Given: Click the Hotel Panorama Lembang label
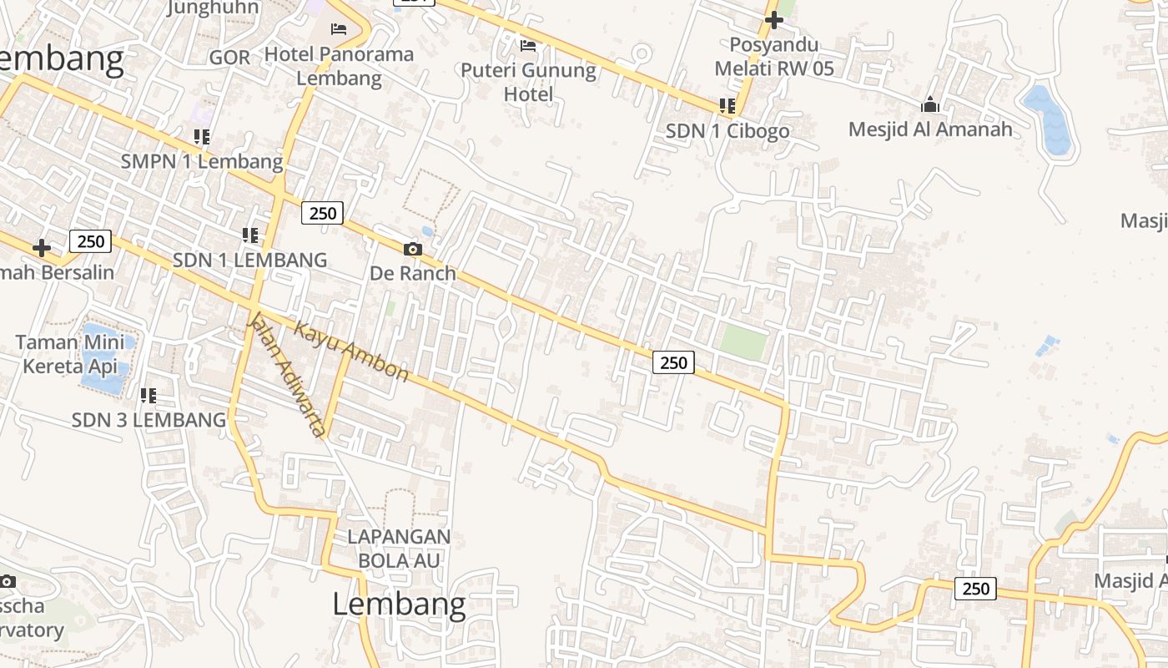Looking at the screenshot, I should point(339,66).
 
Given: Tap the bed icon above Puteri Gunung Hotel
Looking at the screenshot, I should point(527,45).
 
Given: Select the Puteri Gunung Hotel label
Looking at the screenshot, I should point(528,82).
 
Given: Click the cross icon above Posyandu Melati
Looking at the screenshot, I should point(774,19).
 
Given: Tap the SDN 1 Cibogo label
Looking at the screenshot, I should point(727,131).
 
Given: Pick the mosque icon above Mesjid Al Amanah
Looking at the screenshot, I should point(929,104).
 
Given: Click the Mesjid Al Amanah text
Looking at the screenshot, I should point(929,129).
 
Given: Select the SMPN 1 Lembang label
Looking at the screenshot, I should point(202,161).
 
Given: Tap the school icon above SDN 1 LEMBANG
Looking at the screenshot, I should point(249,235).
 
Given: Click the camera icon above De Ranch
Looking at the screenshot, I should point(412,249).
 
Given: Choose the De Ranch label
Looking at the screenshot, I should point(413,273).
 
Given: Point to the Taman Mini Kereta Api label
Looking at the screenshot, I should point(70,353).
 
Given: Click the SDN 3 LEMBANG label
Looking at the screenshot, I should point(149,419).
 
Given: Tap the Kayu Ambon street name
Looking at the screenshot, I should point(351,352).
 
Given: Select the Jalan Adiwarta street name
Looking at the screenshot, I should point(286,374).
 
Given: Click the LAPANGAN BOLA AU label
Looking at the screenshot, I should point(399,548).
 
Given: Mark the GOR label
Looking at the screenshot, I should point(229,57).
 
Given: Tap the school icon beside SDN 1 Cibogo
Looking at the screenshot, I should point(727,106).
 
